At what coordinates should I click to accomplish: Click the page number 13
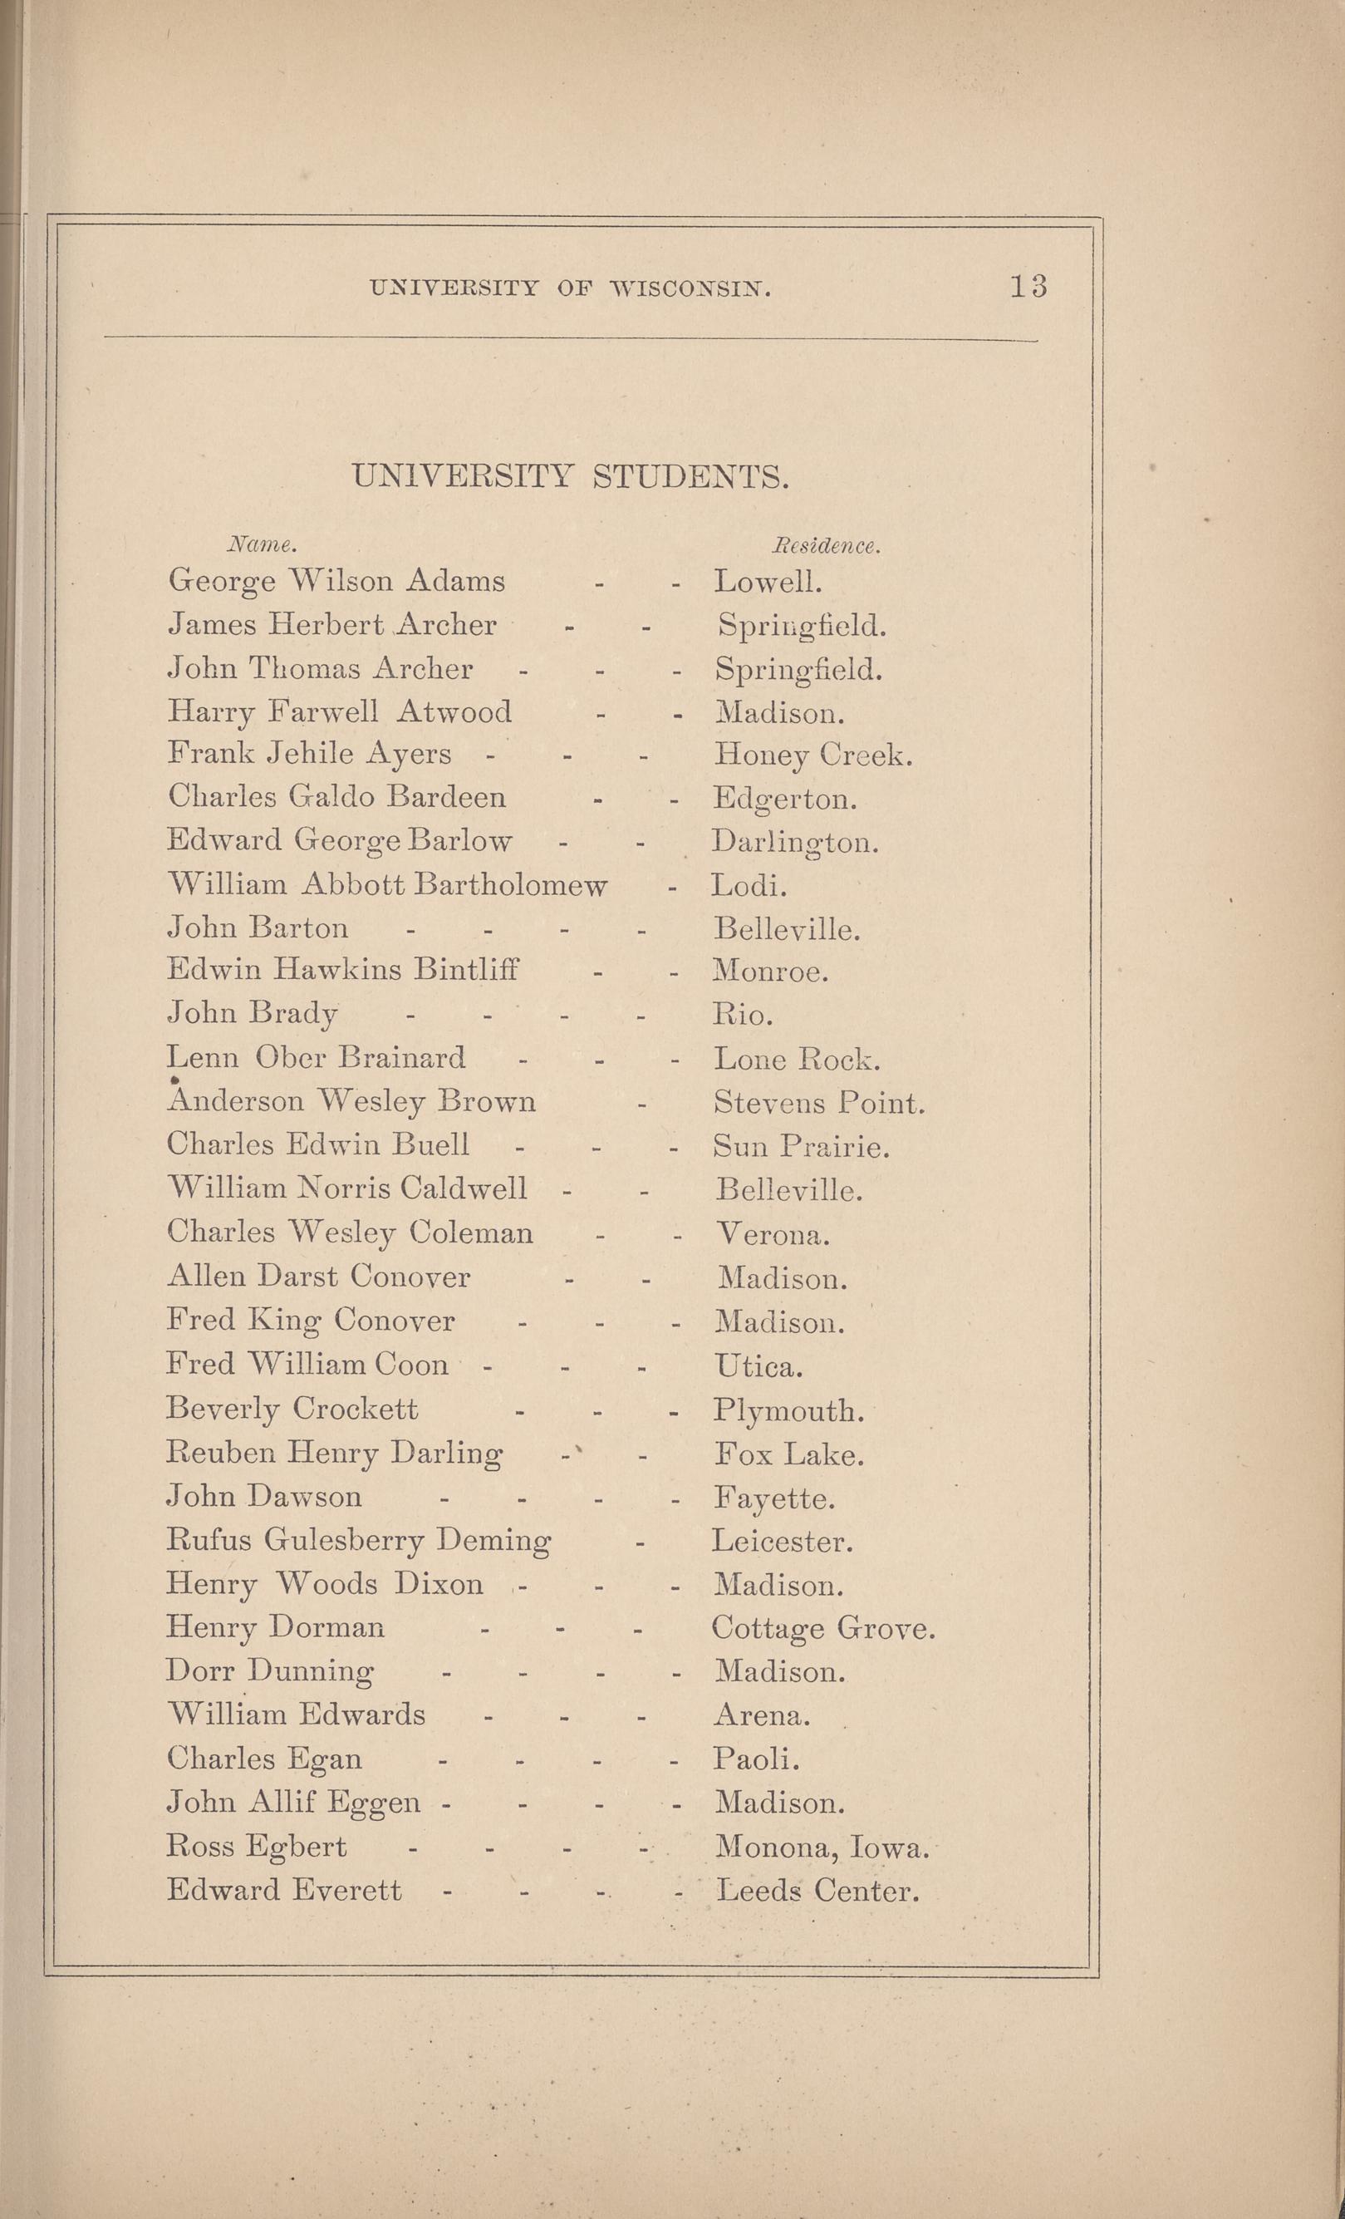[1027, 287]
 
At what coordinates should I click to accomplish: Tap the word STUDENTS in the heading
[690, 475]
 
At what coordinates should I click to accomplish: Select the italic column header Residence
[826, 546]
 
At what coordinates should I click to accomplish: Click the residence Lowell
[767, 582]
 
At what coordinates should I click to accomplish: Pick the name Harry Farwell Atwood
[340, 712]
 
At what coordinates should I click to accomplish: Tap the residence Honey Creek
[813, 755]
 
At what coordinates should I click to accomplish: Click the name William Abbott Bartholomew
[387, 885]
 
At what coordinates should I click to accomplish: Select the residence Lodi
[749, 886]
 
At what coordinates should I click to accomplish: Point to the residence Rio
[743, 1016]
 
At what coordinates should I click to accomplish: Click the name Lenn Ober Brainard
[316, 1057]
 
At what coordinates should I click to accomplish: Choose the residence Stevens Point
[818, 1103]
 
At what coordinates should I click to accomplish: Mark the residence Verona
[772, 1234]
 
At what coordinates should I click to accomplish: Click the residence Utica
[758, 1367]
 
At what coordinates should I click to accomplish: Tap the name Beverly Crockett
[292, 1409]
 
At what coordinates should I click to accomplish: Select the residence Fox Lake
[789, 1454]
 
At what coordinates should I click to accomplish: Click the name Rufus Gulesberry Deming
[358, 1541]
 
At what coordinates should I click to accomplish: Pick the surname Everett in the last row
[347, 1889]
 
